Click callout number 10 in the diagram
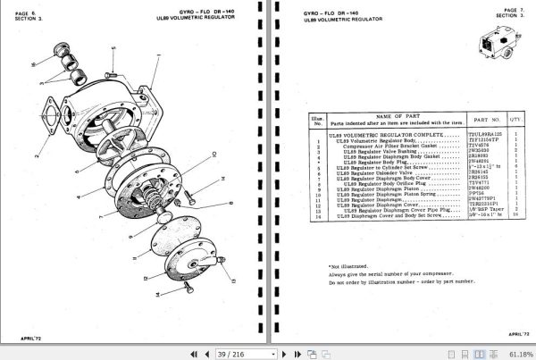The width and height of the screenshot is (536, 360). (214, 153)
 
